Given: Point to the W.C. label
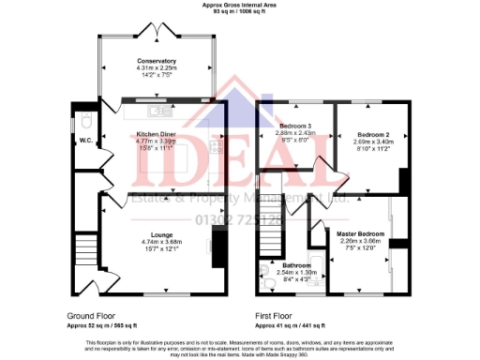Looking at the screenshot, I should (x=85, y=141).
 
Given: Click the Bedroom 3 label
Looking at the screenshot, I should (x=296, y=126).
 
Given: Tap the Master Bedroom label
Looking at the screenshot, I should (x=354, y=232).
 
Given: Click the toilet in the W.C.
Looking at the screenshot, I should (x=85, y=121).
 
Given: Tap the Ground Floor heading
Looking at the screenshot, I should (x=92, y=315).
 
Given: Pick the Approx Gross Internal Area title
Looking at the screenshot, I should (x=240, y=5).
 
